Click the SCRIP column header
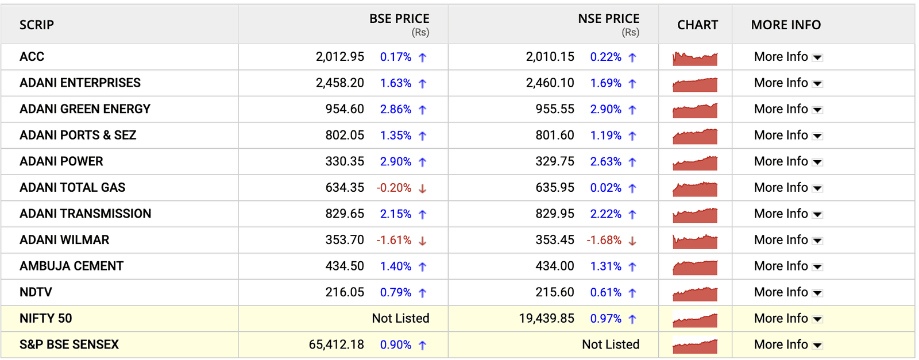(x=37, y=25)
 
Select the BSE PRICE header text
(x=399, y=19)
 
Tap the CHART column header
(x=697, y=25)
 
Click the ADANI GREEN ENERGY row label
(x=85, y=109)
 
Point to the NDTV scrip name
(x=36, y=292)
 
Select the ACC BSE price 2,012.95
(x=339, y=57)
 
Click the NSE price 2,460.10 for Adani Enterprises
(x=550, y=83)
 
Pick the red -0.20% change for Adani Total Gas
(x=394, y=188)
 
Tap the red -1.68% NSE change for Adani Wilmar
(x=604, y=240)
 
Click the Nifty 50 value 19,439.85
(x=546, y=319)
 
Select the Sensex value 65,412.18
(x=336, y=344)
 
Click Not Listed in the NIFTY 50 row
(x=400, y=319)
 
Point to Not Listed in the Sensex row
(x=611, y=344)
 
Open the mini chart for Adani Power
(x=695, y=163)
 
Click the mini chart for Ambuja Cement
(x=695, y=268)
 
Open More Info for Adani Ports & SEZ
(x=781, y=136)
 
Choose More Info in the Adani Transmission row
(x=781, y=214)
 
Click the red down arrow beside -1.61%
(x=423, y=241)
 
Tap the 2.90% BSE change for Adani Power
(x=396, y=162)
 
